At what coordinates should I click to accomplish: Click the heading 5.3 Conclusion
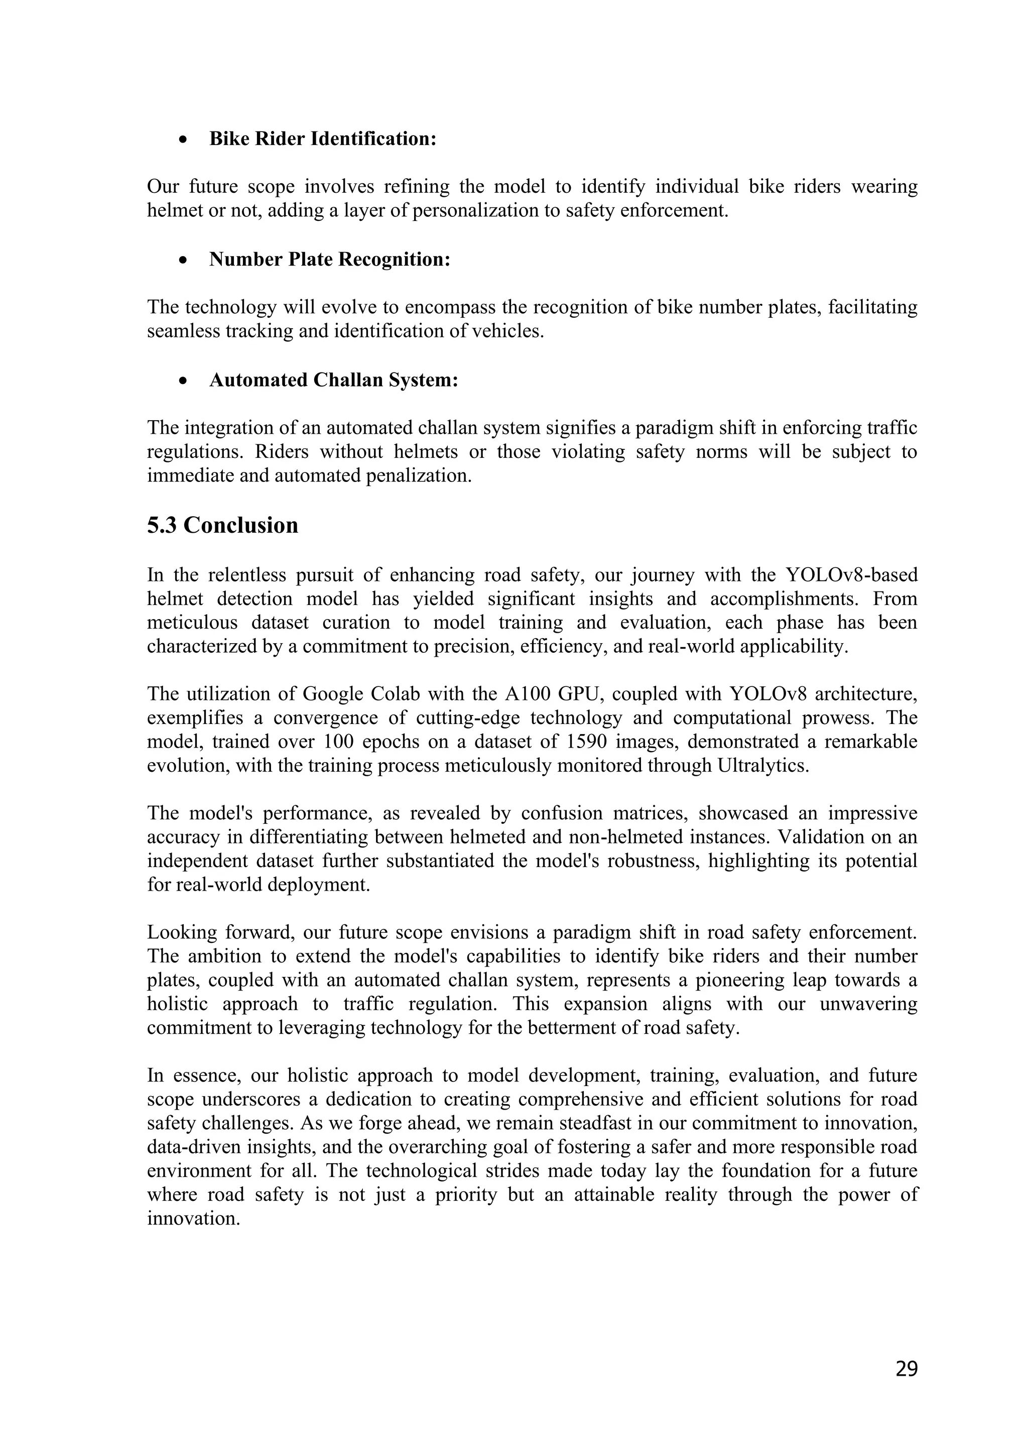[x=222, y=526]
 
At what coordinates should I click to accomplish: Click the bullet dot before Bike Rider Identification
[x=183, y=141]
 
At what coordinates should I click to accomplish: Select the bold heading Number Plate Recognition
[x=329, y=260]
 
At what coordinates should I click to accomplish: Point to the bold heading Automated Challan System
[x=334, y=380]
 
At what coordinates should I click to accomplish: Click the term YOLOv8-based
[x=851, y=575]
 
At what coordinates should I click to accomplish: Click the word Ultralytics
[x=763, y=766]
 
